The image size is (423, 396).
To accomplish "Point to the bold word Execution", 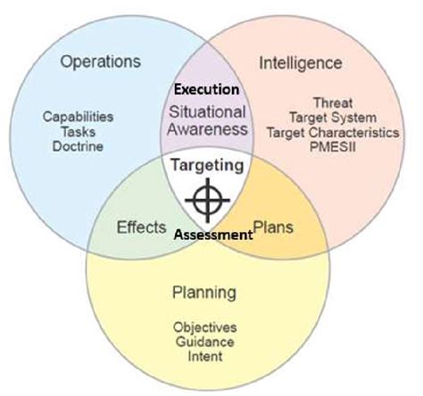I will (207, 89).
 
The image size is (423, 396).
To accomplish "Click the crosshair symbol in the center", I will (207, 198).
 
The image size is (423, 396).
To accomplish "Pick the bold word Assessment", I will (212, 235).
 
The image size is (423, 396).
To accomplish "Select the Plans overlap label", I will (274, 227).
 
